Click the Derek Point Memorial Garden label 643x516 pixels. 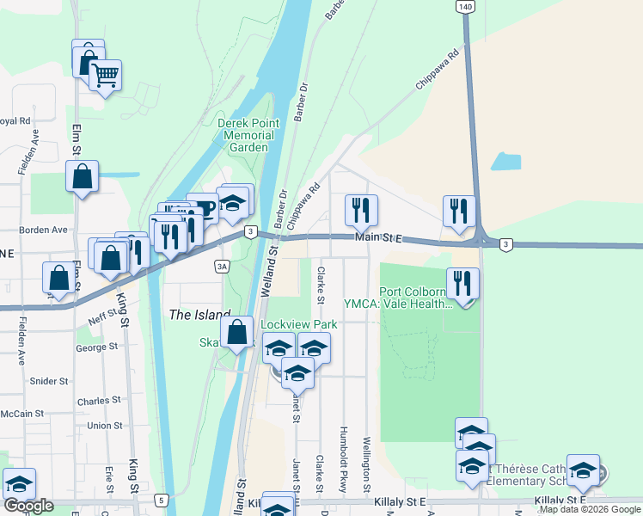[246, 135]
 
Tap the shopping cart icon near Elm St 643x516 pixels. [105, 76]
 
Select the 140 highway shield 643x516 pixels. [465, 6]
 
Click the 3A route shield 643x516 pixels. [223, 267]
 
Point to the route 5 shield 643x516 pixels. [161, 500]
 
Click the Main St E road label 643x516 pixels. [379, 237]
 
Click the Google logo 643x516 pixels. [28, 506]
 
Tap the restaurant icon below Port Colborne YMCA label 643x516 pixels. [463, 284]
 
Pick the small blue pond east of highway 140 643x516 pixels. [507, 162]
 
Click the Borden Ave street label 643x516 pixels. [47, 230]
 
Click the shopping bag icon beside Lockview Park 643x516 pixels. [236, 332]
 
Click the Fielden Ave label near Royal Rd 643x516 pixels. [23, 152]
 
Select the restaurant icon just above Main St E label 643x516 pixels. [361, 210]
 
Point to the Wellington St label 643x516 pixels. [366, 464]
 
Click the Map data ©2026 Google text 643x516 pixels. [590, 509]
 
